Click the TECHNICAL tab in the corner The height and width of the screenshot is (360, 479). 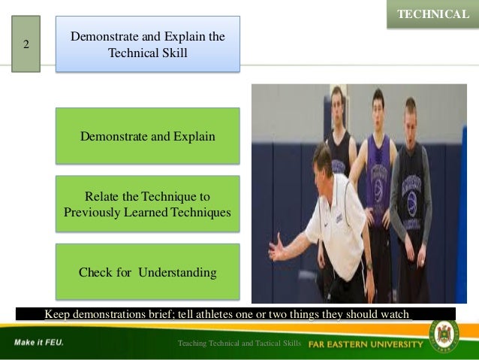432,14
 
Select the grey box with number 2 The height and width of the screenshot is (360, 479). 26,44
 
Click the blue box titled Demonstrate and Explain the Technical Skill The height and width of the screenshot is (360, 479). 147,44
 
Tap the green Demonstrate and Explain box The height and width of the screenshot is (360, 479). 147,136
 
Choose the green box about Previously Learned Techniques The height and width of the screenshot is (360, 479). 147,204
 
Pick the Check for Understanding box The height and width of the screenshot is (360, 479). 147,271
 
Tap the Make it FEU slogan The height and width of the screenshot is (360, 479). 38,343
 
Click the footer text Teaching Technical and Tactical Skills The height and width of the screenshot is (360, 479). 239,343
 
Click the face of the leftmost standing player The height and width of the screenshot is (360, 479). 337,101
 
